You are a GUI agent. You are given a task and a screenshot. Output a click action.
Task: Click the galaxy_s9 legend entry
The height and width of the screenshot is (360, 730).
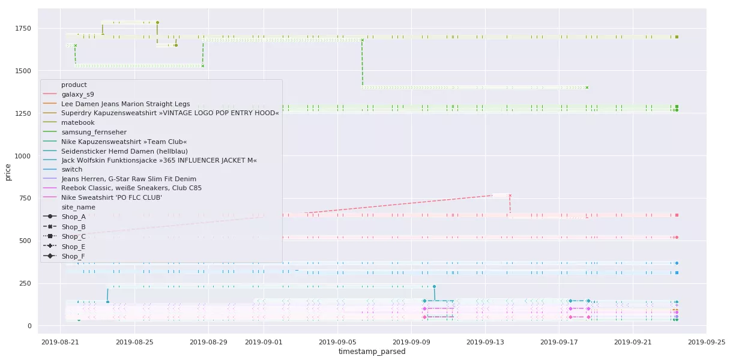click(x=78, y=94)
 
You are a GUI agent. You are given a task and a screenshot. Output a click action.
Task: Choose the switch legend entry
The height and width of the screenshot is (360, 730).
click(x=72, y=169)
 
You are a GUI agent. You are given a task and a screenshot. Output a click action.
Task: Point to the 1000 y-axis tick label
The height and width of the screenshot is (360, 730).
click(x=23, y=156)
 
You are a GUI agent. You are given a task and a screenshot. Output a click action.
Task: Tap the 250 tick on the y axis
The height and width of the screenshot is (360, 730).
click(x=26, y=283)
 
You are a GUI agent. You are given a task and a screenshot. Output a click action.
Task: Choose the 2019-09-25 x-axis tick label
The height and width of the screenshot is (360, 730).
click(x=706, y=342)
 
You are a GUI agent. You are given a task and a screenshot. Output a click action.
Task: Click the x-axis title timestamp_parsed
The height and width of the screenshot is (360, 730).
click(x=372, y=352)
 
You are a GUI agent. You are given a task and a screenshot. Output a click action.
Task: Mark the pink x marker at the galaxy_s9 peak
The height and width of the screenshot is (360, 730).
click(x=510, y=195)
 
